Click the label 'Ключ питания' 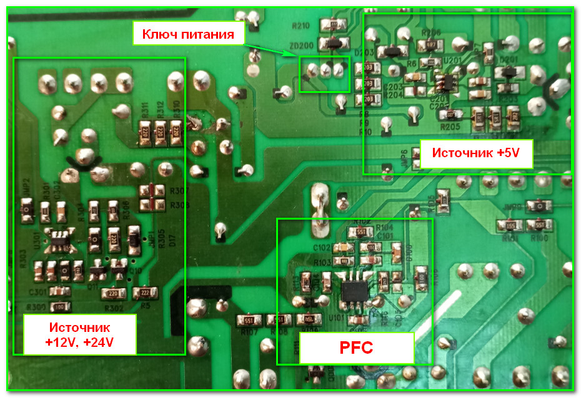(x=188, y=34)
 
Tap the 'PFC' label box (x=356, y=347)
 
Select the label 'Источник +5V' (x=477, y=153)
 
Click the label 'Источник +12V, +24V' (x=79, y=334)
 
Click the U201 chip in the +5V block (x=445, y=81)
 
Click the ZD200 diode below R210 (x=334, y=44)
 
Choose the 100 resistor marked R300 (x=60, y=306)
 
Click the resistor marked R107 (x=248, y=320)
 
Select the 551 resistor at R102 (x=360, y=231)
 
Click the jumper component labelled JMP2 (x=26, y=208)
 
